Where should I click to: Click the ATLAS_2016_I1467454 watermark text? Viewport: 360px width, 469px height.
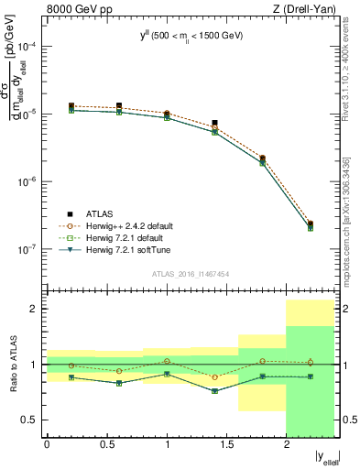point(191,274)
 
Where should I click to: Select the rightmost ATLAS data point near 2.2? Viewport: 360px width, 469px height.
point(311,224)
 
